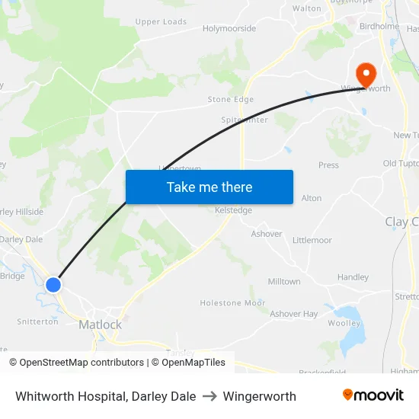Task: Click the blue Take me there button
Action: pyautogui.click(x=209, y=187)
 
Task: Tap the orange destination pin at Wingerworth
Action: pyautogui.click(x=366, y=74)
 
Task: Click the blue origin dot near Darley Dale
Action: pyautogui.click(x=53, y=285)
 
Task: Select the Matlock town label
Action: pyautogui.click(x=100, y=325)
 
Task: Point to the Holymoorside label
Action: pyautogui.click(x=229, y=28)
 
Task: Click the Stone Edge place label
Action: pyautogui.click(x=231, y=100)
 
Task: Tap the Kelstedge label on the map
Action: pyautogui.click(x=233, y=210)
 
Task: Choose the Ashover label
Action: pyautogui.click(x=267, y=234)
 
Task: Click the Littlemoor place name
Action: pyautogui.click(x=312, y=240)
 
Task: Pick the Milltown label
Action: pyautogui.click(x=284, y=281)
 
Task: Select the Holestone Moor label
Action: pyautogui.click(x=232, y=302)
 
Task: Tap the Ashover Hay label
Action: pyautogui.click(x=294, y=314)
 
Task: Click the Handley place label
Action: pyautogui.click(x=353, y=277)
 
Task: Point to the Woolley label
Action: pyautogui.click(x=344, y=323)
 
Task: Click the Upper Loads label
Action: pyautogui.click(x=161, y=22)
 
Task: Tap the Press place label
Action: pyautogui.click(x=328, y=165)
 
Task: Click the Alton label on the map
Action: pyautogui.click(x=312, y=198)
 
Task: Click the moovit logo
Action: pyautogui.click(x=373, y=395)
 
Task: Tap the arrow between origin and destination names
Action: pyautogui.click(x=209, y=396)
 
